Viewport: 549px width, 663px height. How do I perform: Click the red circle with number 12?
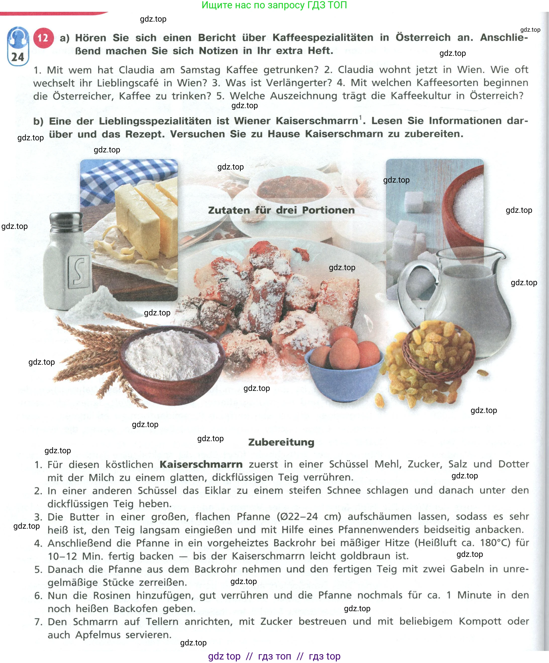click(43, 38)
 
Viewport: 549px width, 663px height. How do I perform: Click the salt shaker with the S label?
click(67, 262)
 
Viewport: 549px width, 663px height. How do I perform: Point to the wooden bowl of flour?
click(172, 357)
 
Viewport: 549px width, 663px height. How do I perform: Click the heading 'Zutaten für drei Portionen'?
click(281, 210)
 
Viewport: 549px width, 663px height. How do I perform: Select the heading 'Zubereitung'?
click(281, 442)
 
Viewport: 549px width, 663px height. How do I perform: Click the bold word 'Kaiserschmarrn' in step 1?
click(201, 464)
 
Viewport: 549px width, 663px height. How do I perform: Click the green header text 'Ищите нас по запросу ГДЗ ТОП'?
click(274, 5)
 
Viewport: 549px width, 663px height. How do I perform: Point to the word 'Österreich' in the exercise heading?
click(423, 37)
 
